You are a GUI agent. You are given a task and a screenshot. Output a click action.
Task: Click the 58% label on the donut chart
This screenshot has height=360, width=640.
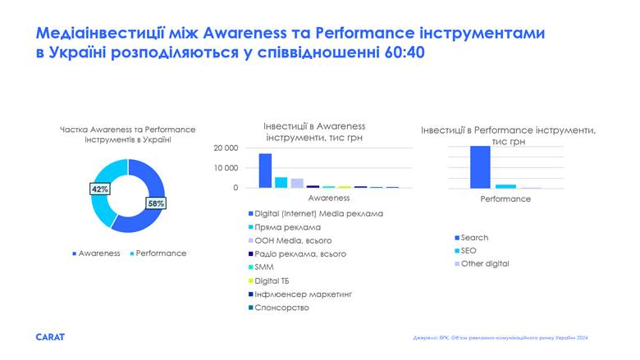(x=156, y=203)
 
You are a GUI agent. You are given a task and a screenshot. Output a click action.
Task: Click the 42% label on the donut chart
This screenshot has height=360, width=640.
(x=100, y=189)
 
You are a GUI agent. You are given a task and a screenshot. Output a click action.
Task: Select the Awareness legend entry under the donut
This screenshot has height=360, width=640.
(x=98, y=253)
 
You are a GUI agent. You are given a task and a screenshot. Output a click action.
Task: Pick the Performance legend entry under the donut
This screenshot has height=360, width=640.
(x=160, y=253)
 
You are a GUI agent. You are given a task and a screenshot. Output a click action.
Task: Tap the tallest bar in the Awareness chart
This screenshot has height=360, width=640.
(x=265, y=171)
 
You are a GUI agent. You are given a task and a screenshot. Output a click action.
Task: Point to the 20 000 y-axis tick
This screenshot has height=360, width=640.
(x=226, y=148)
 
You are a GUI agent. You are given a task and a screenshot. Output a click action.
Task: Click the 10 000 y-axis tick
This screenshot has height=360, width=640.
(x=226, y=168)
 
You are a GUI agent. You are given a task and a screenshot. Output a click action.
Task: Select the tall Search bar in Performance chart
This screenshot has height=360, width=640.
(x=480, y=167)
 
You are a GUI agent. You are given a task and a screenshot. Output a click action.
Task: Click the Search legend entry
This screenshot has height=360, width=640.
(x=473, y=238)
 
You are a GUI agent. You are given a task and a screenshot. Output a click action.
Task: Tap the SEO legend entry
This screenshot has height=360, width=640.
(x=469, y=251)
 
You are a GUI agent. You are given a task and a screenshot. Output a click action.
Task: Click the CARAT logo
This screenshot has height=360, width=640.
(x=50, y=337)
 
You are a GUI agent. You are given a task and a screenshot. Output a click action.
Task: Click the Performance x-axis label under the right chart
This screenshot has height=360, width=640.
(x=505, y=199)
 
